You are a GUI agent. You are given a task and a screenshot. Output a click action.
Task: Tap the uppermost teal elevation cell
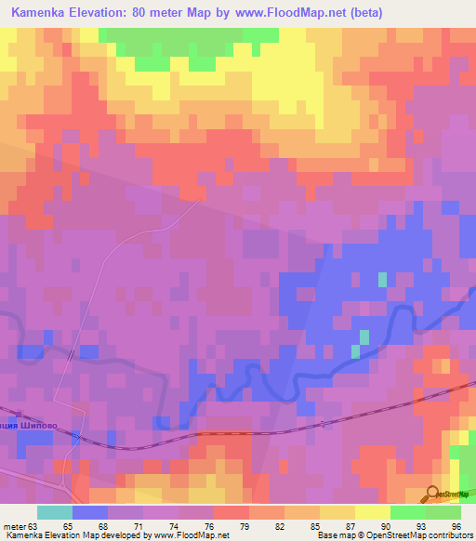tap(382, 279)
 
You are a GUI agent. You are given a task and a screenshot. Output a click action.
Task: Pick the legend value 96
tap(456, 525)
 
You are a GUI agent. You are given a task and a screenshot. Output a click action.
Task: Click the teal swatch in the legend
tap(54, 512)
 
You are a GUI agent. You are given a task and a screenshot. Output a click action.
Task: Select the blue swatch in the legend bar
tap(89, 512)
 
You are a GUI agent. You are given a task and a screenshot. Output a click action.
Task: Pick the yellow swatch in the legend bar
tap(372, 512)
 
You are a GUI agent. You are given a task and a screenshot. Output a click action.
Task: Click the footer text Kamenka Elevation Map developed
tap(56, 535)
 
